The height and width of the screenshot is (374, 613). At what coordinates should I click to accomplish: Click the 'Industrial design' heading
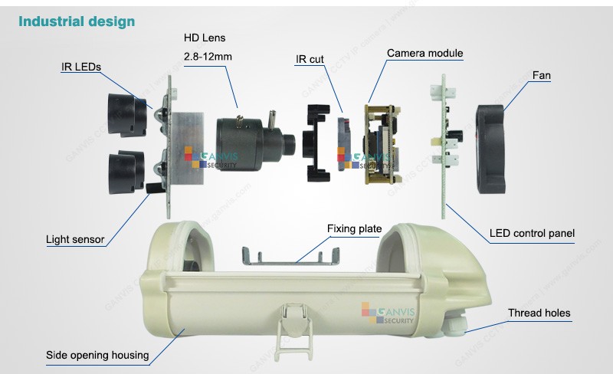pyautogui.click(x=76, y=21)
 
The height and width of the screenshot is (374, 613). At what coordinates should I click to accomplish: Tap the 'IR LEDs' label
pyautogui.click(x=80, y=67)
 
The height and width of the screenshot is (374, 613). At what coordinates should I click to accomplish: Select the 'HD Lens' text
pyautogui.click(x=205, y=37)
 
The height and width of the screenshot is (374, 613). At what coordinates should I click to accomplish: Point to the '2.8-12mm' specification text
pyautogui.click(x=208, y=56)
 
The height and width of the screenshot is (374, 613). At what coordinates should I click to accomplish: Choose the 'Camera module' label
pyautogui.click(x=425, y=53)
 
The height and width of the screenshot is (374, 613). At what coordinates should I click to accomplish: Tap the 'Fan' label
pyautogui.click(x=541, y=76)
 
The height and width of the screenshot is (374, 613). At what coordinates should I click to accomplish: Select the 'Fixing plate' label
pyautogui.click(x=355, y=228)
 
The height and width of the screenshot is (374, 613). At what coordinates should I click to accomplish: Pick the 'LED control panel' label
pyautogui.click(x=532, y=233)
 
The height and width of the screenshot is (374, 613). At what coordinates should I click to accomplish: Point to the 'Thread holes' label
pyautogui.click(x=539, y=313)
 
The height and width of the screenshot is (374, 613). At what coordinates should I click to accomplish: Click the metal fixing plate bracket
pyautogui.click(x=291, y=254)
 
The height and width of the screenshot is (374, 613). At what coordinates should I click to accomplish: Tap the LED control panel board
pyautogui.click(x=441, y=146)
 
